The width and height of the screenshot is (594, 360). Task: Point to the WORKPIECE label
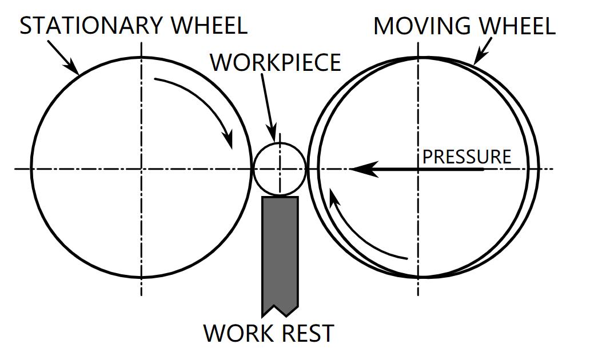click(276, 62)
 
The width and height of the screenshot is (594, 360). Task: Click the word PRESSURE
click(467, 157)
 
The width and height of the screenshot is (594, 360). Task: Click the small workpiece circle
click(280, 169)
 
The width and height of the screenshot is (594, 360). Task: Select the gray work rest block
click(280, 251)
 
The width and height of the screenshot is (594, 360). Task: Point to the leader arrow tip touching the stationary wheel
click(77, 73)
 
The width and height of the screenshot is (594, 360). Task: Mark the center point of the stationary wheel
click(141, 169)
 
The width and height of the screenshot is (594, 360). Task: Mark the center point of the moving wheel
click(418, 169)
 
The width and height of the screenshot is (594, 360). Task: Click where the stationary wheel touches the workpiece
click(253, 169)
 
